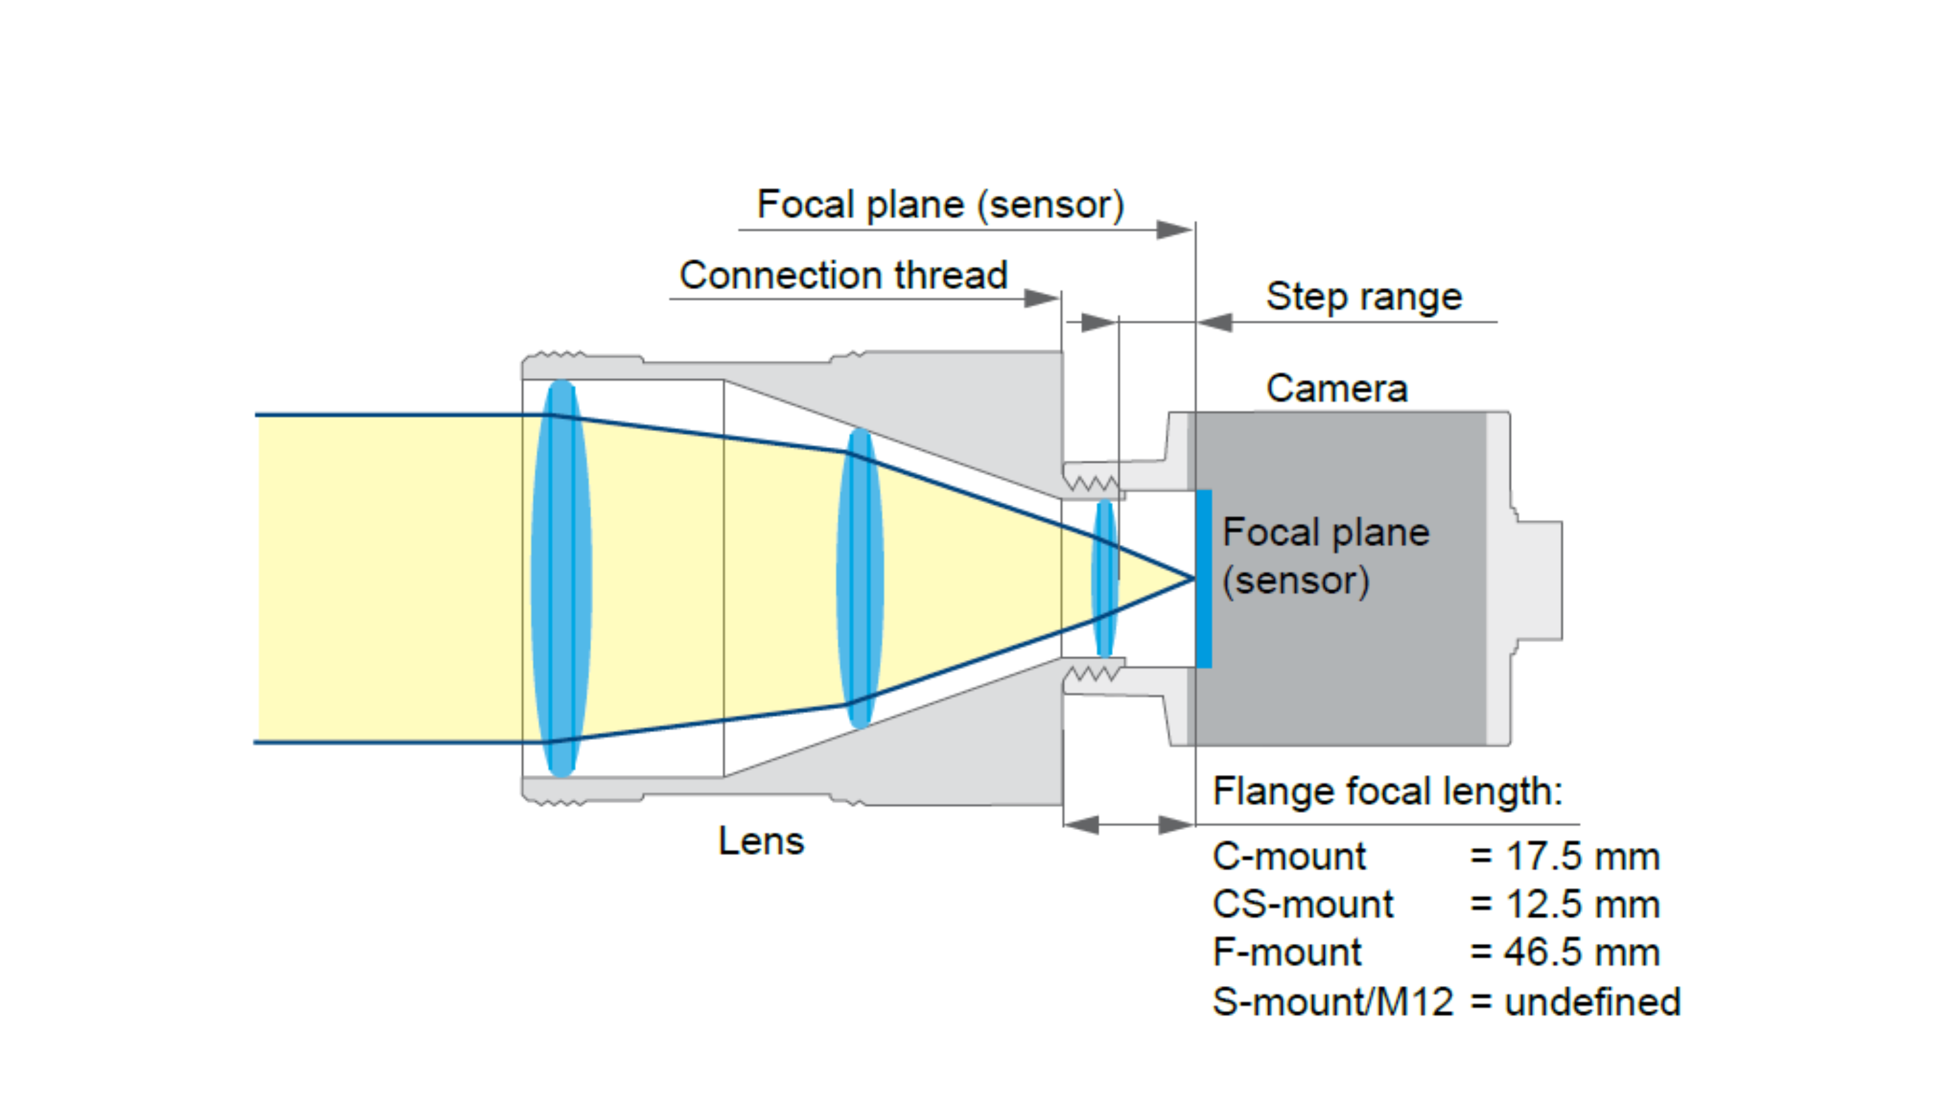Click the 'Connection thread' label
tap(843, 275)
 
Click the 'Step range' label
tap(1363, 296)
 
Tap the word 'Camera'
tap(1336, 388)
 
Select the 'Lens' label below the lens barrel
tap(760, 841)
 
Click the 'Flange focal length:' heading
tap(1386, 791)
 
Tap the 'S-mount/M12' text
tap(1332, 1001)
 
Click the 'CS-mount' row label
tap(1302, 904)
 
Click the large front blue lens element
tap(561, 577)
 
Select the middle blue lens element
tap(859, 577)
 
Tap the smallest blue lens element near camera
tap(1104, 577)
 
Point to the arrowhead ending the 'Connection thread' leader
tap(1042, 298)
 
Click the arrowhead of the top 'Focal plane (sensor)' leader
tap(1174, 229)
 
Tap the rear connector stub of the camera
tap(1539, 580)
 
